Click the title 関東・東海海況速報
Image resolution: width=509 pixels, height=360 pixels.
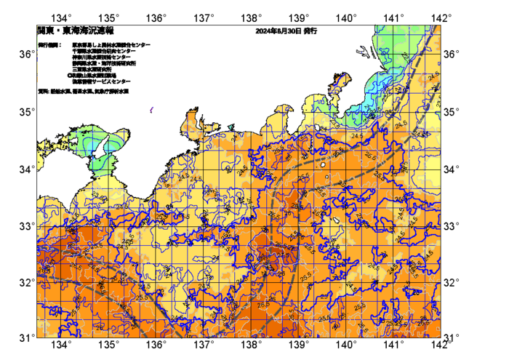coord(66,32)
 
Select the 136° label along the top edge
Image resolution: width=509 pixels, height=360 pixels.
coord(157,17)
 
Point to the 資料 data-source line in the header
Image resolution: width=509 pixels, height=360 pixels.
coord(84,92)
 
